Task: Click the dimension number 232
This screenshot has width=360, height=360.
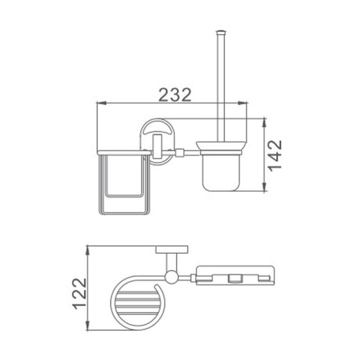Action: (175, 95)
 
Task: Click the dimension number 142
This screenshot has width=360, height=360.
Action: (275, 155)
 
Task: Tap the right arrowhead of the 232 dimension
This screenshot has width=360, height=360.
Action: (243, 103)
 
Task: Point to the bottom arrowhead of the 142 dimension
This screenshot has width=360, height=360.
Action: (265, 187)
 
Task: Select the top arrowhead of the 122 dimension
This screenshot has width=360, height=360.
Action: (87, 251)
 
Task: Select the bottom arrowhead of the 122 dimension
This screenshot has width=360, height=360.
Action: (87, 326)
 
